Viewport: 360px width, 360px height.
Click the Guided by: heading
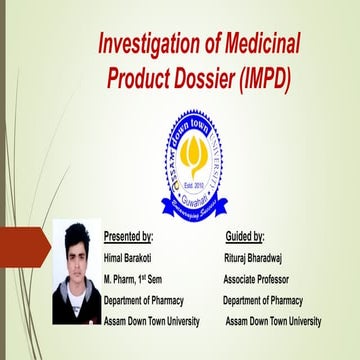pos(245,238)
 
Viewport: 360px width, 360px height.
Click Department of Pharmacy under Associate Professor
pos(262,300)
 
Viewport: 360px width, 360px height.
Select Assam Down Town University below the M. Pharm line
pos(152,321)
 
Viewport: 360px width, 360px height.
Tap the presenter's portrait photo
pos(76,271)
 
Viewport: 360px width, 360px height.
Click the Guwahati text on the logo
pos(193,200)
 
